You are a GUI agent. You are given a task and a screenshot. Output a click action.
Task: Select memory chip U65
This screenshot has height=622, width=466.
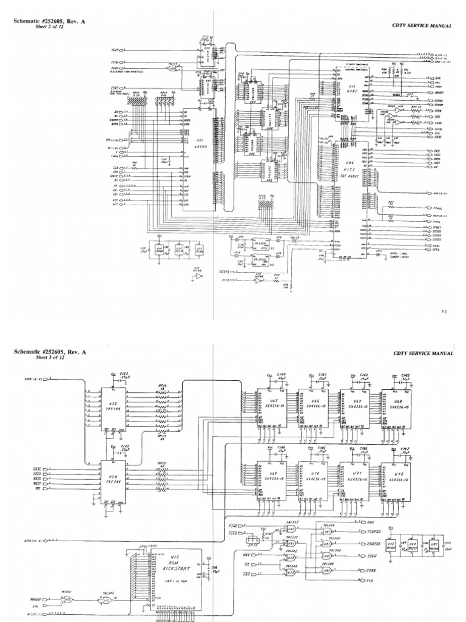272,405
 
